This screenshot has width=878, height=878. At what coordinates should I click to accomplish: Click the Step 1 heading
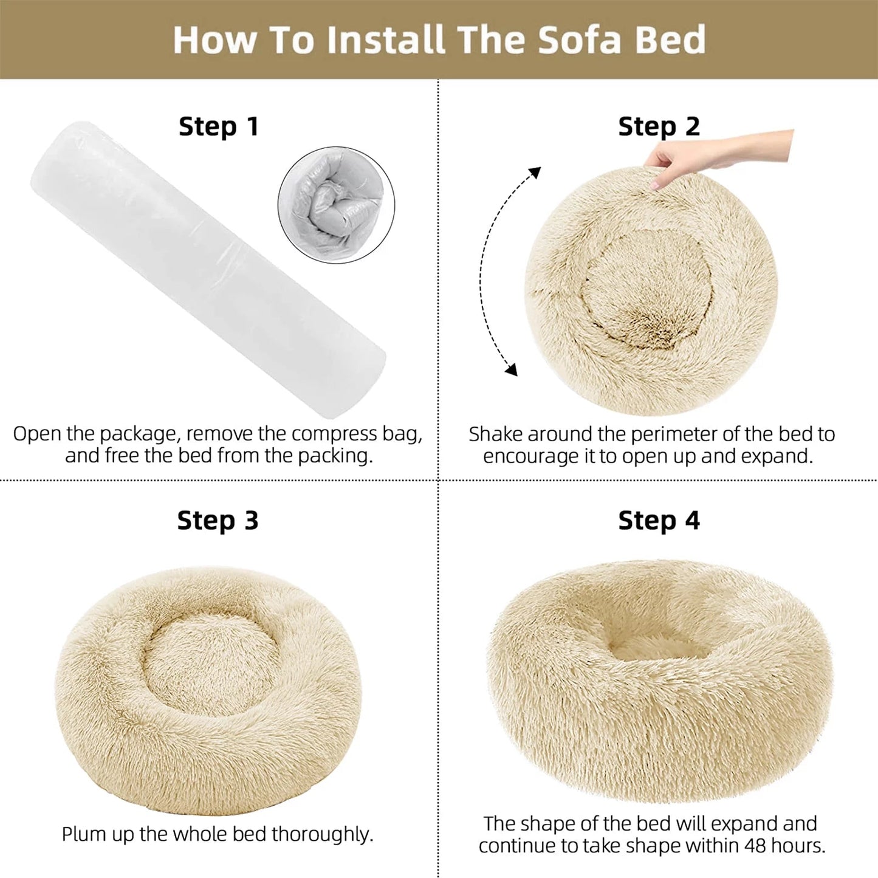tap(219, 126)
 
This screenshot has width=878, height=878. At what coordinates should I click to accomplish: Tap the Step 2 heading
tap(659, 126)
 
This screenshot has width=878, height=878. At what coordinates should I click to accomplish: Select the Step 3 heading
tap(218, 520)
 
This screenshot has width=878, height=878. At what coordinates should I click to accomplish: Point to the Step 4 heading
tap(659, 520)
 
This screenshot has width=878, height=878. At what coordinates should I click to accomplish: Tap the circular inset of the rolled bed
tap(336, 205)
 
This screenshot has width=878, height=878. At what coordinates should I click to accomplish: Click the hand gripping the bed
tap(720, 157)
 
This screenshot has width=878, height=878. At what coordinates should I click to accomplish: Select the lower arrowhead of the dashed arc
tap(512, 369)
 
